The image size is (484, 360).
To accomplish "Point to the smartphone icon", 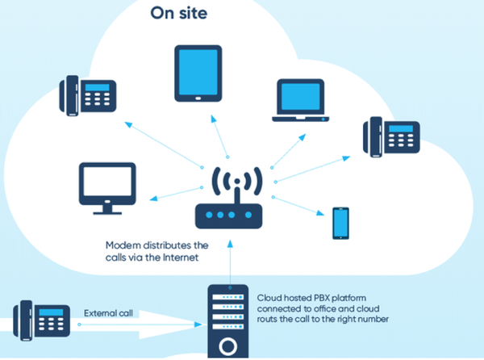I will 340,223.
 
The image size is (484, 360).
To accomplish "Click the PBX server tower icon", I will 228,321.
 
